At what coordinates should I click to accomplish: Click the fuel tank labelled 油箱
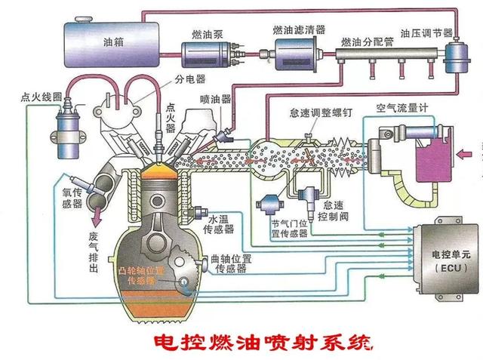[x=112, y=43]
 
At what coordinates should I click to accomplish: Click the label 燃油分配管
[x=368, y=42]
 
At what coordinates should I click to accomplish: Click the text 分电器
[x=189, y=79]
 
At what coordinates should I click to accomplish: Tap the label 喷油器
[x=215, y=99]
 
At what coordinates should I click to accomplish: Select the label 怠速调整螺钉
[x=321, y=112]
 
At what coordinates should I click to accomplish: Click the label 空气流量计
[x=402, y=108]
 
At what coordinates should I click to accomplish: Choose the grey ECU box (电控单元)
[x=446, y=260]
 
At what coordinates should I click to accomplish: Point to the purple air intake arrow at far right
[x=464, y=154]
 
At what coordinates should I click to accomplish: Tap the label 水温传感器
[x=219, y=224]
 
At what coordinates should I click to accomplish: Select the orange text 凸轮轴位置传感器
[x=143, y=275]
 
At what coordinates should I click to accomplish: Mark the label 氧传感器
[x=72, y=198]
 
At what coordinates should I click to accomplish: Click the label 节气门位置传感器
[x=290, y=229]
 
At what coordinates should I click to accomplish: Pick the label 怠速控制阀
[x=333, y=211]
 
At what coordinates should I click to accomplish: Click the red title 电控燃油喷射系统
[x=263, y=343]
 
